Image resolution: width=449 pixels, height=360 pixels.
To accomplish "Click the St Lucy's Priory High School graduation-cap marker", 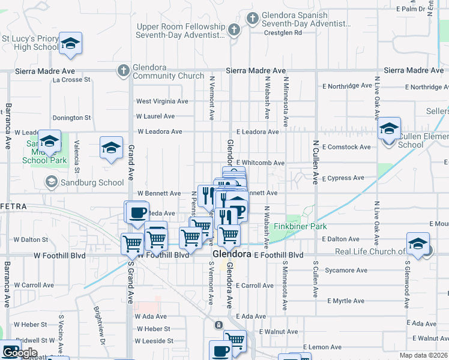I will [70, 43].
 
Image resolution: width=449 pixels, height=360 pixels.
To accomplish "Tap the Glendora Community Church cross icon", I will [123, 71].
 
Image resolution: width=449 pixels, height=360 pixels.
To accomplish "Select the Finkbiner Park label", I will [300, 227].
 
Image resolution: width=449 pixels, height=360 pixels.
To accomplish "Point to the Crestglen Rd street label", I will [282, 33].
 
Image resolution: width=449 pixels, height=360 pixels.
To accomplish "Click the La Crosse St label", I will [71, 79].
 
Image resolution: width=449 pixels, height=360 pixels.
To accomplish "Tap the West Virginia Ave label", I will [162, 101].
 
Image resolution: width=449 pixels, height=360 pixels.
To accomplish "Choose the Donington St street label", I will [71, 118].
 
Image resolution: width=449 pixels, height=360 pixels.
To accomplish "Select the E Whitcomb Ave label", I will [260, 163].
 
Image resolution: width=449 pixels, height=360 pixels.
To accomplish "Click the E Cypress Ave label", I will [343, 178].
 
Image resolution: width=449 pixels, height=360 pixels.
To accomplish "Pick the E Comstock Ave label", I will [346, 146].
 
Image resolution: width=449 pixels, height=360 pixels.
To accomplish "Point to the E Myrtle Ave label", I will [346, 301].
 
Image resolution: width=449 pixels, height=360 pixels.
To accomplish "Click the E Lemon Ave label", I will [322, 347].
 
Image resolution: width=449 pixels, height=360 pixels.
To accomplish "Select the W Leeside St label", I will [154, 341].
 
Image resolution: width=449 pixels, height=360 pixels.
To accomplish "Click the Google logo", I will [19, 352].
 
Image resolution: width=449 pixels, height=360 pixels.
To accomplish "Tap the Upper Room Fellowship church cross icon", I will [235, 29].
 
